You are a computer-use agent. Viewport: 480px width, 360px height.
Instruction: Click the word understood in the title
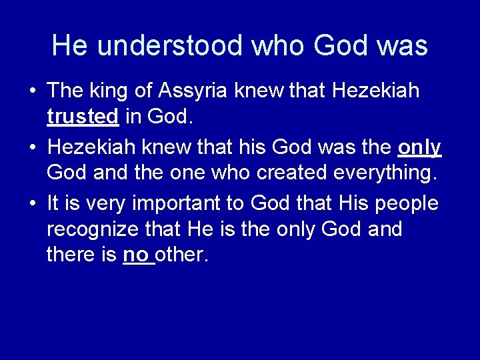(x=170, y=45)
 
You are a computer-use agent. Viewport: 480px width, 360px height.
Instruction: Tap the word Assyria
(x=195, y=91)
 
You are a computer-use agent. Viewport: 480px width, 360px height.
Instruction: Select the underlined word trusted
(x=82, y=117)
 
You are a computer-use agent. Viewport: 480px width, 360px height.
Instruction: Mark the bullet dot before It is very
(x=31, y=203)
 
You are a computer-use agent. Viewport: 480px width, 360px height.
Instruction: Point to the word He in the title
(x=69, y=45)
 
